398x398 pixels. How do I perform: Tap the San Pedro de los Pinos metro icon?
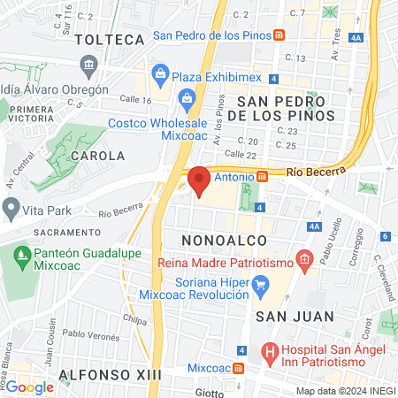pyautogui.click(x=279, y=35)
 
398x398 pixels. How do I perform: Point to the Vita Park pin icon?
pyautogui.click(x=11, y=210)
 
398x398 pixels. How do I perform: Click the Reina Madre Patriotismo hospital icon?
pyautogui.click(x=305, y=260)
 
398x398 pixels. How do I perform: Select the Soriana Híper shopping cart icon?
pyautogui.click(x=260, y=285)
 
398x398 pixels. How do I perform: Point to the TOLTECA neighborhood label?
pyautogui.click(x=110, y=40)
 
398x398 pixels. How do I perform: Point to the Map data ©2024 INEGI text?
pyautogui.click(x=345, y=391)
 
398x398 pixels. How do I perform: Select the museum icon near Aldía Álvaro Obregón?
pyautogui.click(x=88, y=66)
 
